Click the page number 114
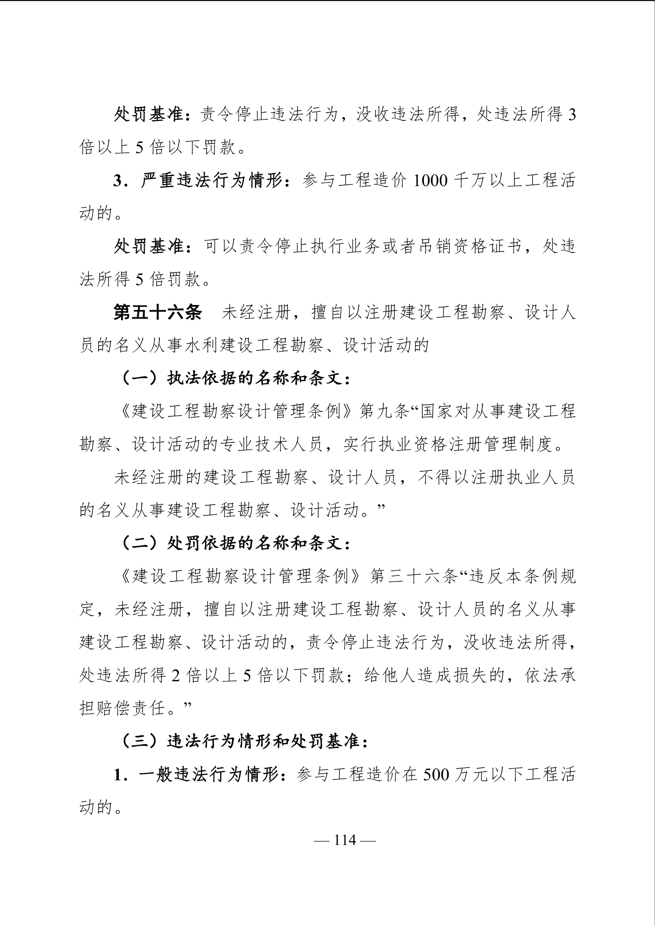coord(345,840)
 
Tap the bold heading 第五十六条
coord(158,312)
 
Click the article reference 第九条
coord(386,412)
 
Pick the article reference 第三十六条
coord(414,577)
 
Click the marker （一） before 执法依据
coord(140,378)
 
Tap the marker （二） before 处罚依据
coord(140,544)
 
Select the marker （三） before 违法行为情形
coord(140,742)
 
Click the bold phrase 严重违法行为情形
coord(211,181)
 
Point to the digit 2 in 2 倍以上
coord(176,676)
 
